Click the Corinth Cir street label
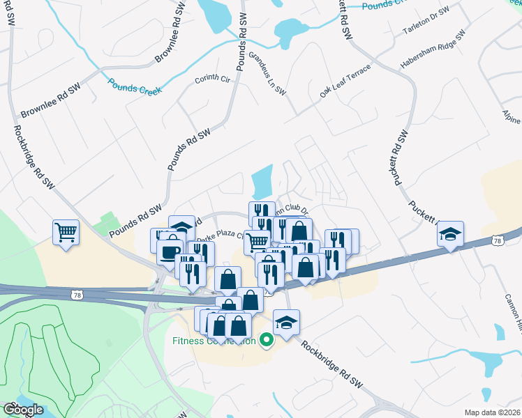(x=212, y=79)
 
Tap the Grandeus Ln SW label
(x=268, y=72)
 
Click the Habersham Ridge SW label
(x=433, y=49)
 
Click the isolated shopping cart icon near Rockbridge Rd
(x=66, y=233)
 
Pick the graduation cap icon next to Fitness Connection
(x=286, y=323)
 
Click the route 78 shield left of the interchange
(x=76, y=295)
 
